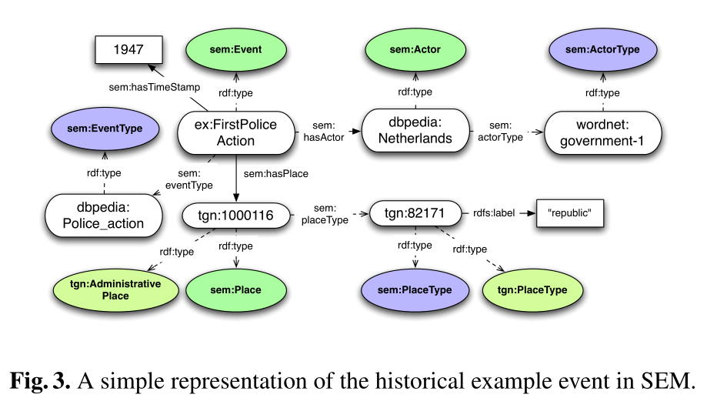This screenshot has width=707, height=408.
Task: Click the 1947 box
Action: (128, 50)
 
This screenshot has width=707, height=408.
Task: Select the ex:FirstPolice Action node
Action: (236, 132)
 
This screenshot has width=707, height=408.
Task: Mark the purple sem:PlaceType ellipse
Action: (416, 290)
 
